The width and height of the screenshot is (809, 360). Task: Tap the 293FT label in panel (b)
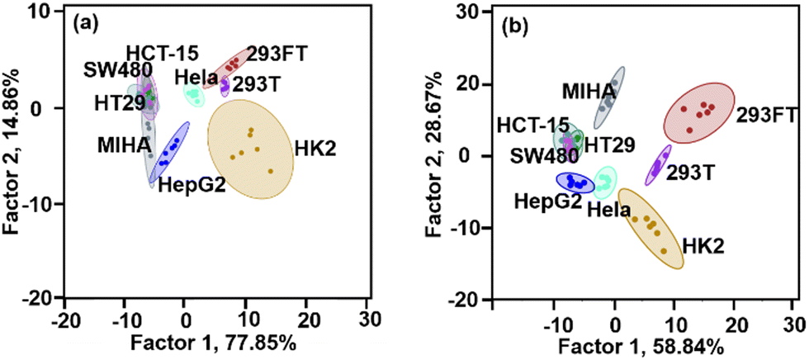pos(766,114)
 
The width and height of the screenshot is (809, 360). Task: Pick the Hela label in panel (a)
pos(196,78)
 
